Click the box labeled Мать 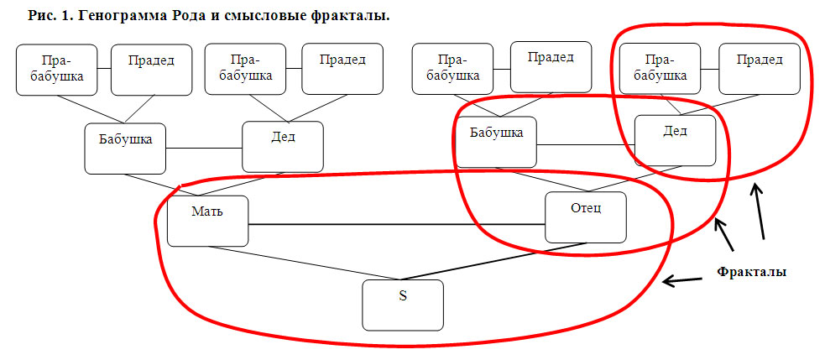tap(208, 221)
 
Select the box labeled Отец tap(586, 217)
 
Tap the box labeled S tap(403, 305)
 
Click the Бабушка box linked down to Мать tap(126, 149)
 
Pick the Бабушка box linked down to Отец tap(496, 142)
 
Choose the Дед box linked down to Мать tap(283, 147)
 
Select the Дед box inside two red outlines tap(676, 140)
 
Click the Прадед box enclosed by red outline tap(760, 69)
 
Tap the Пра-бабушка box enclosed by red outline tap(661, 69)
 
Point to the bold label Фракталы tap(752, 272)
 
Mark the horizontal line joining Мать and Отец tap(397, 225)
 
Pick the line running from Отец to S tap(494, 261)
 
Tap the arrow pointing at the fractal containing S tap(683, 280)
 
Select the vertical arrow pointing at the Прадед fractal tap(759, 211)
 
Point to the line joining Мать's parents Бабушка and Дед tap(204, 149)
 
